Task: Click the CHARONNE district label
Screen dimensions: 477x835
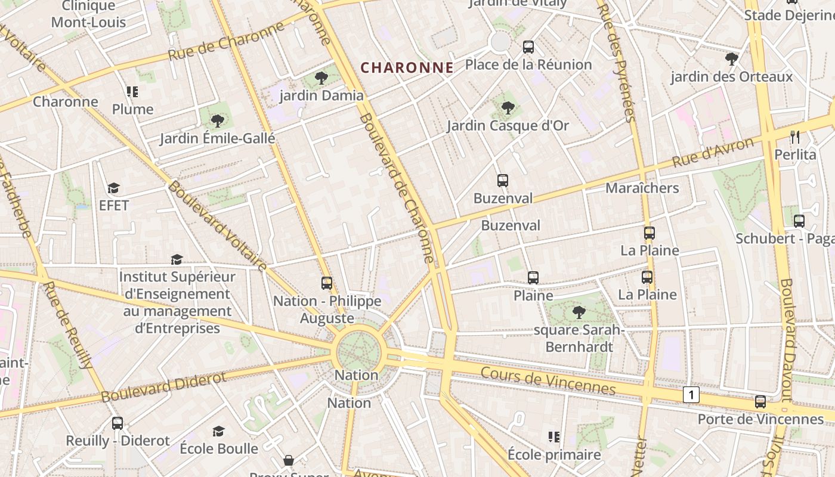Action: point(407,67)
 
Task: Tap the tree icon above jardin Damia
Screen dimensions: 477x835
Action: point(321,78)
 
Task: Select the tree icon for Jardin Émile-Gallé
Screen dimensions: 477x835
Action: point(218,121)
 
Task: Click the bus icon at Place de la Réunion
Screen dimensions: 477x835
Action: point(528,47)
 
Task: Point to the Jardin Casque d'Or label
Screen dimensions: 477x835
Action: point(508,126)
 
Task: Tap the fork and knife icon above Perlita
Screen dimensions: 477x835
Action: point(794,137)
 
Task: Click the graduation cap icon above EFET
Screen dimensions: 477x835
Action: point(113,188)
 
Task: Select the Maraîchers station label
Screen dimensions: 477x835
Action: point(642,188)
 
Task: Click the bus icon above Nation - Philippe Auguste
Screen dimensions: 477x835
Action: point(326,283)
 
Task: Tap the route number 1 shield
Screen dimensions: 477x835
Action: point(691,394)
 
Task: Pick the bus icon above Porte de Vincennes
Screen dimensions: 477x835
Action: point(760,402)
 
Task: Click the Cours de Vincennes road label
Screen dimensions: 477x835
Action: point(548,381)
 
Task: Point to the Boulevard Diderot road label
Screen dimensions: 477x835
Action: point(163,387)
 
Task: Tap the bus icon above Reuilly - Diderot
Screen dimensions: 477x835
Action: point(117,423)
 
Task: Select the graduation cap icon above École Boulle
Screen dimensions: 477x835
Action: point(219,431)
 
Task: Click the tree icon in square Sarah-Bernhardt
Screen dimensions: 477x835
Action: point(578,312)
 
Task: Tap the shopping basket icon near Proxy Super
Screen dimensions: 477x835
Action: point(289,460)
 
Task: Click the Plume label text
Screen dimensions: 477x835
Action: point(133,109)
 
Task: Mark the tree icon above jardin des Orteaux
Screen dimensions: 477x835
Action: point(731,59)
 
